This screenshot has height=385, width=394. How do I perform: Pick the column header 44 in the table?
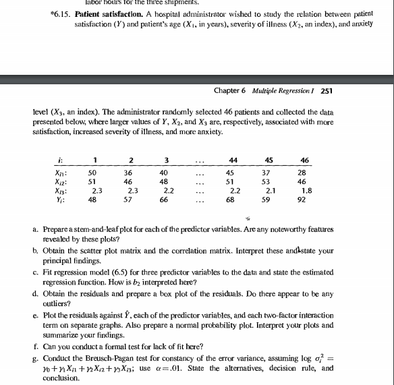[233, 159]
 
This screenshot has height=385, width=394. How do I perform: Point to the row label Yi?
[60, 200]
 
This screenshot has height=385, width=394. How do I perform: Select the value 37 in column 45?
[269, 172]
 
